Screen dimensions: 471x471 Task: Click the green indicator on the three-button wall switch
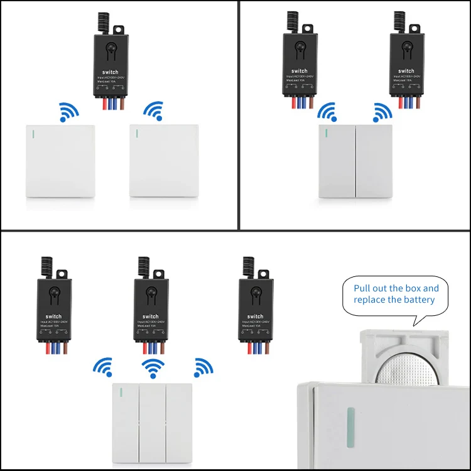[120, 394]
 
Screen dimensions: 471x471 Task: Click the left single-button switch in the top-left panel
[60, 161]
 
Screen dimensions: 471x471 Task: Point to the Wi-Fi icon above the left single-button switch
[68, 112]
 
